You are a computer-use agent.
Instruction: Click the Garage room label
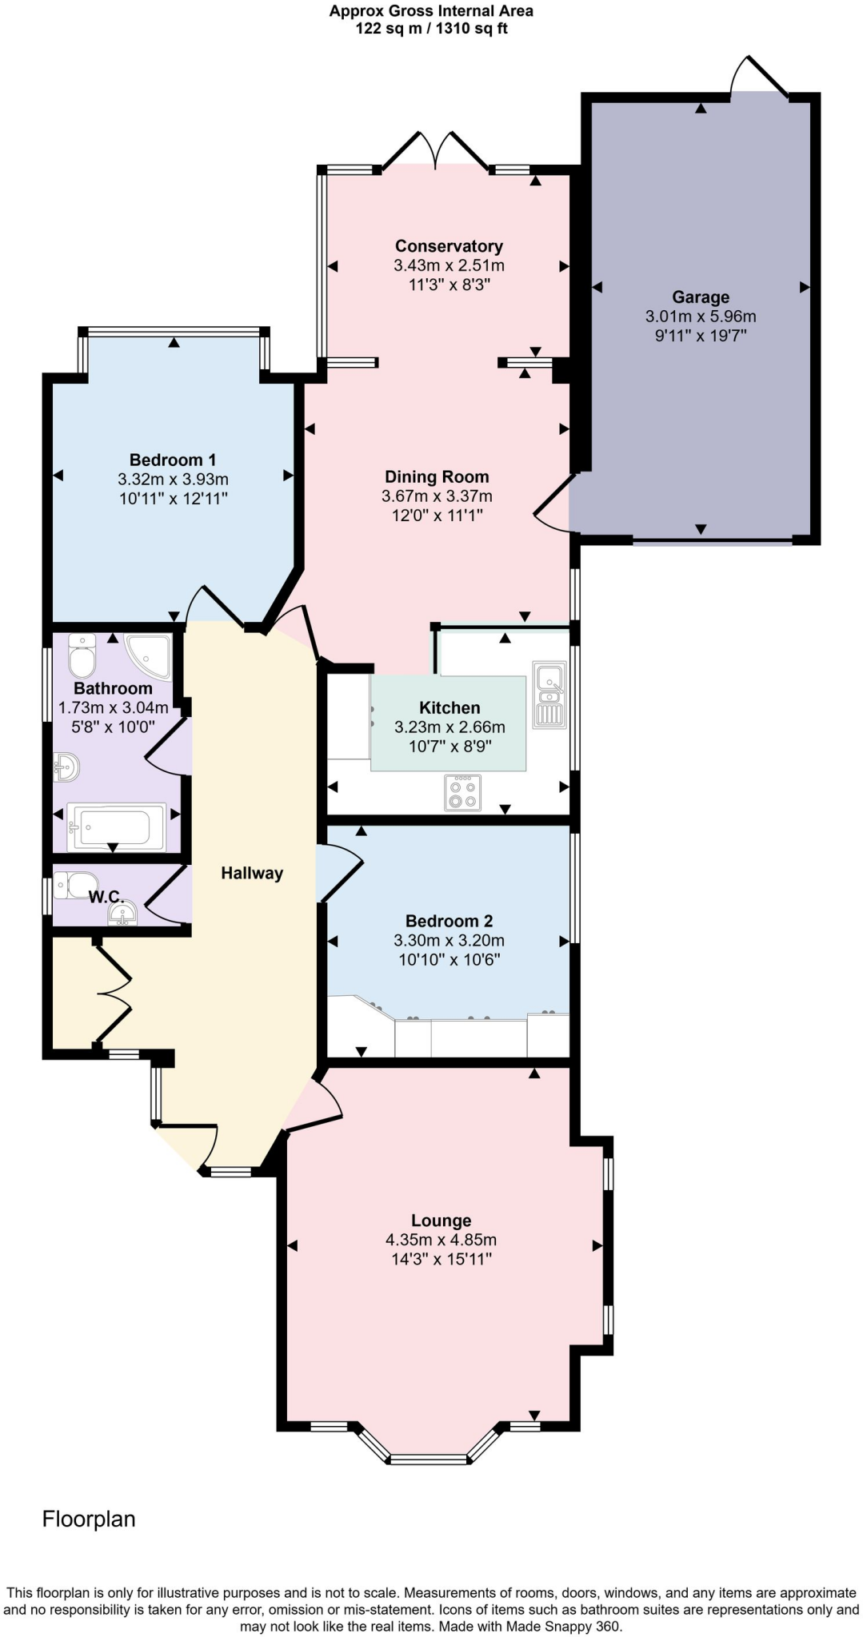point(700,297)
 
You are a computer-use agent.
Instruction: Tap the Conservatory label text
point(449,246)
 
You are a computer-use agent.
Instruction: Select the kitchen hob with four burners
point(462,792)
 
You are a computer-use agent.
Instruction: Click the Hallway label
point(252,873)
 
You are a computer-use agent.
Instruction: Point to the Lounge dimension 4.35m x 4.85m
point(441,1240)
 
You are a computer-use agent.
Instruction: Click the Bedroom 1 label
point(173,460)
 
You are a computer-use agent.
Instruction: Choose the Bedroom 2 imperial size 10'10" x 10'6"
point(449,959)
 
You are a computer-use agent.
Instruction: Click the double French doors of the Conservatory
point(435,150)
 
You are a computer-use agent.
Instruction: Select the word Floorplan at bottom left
point(89,1519)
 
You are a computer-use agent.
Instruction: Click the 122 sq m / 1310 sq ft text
point(431,29)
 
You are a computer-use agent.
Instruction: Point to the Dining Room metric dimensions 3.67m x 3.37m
point(437,496)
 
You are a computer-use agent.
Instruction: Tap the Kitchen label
point(449,707)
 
